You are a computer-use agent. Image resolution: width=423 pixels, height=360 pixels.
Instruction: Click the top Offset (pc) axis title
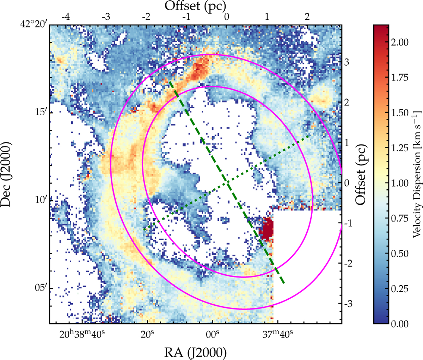coord(196,6)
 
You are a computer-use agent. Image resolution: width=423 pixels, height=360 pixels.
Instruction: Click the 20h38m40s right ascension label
coord(82,334)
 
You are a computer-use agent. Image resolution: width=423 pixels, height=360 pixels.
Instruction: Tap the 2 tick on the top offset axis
coord(307,17)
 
